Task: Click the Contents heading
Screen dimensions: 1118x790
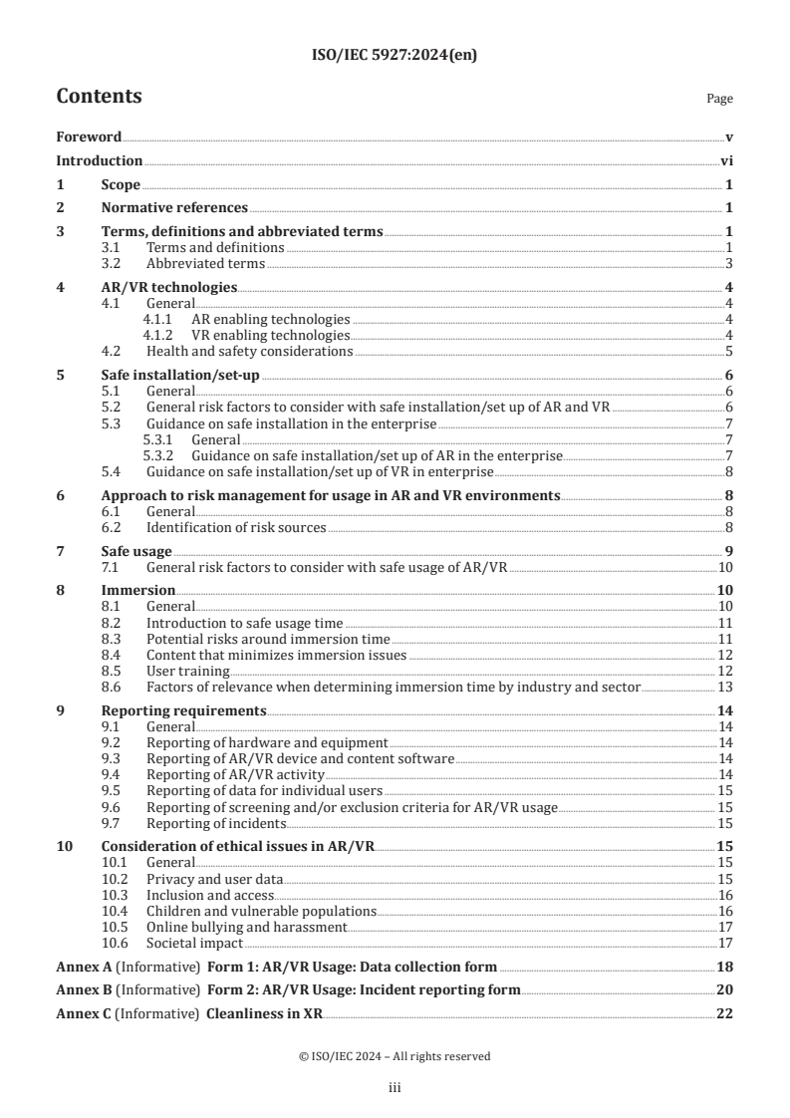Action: [x=99, y=97]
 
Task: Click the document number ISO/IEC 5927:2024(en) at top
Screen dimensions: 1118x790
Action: [x=395, y=56]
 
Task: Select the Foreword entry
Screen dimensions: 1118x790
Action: [x=89, y=137]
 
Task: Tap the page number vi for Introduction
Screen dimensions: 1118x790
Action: [x=727, y=160]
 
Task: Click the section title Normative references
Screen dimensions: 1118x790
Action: [x=174, y=207]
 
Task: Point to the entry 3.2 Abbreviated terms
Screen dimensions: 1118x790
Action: [x=205, y=263]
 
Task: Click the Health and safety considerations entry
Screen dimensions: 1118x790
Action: [x=249, y=351]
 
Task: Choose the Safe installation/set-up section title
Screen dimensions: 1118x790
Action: [x=180, y=376]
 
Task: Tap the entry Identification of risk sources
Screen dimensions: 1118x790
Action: [x=236, y=527]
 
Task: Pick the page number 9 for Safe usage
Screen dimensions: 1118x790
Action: [x=730, y=551]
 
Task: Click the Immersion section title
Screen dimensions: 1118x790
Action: [x=138, y=591]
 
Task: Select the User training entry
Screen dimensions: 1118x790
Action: [x=187, y=671]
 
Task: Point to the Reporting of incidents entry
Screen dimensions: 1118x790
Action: [x=216, y=823]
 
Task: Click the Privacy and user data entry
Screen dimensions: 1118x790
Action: [x=214, y=879]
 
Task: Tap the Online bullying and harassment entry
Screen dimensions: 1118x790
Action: [x=246, y=927]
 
